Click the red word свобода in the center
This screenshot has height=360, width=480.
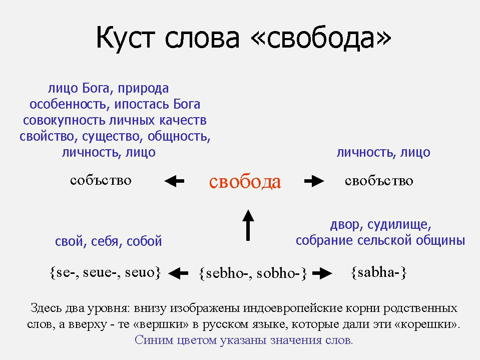pyautogui.click(x=245, y=182)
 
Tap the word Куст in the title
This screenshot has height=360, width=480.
pyautogui.click(x=125, y=38)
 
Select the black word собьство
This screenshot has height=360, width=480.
pyautogui.click(x=101, y=180)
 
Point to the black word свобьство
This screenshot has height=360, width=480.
pyautogui.click(x=379, y=181)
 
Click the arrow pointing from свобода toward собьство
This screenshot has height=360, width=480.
pyautogui.click(x=174, y=181)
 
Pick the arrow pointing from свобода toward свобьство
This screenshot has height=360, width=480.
pyautogui.click(x=314, y=181)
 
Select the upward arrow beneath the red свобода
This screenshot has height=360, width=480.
pyautogui.click(x=248, y=225)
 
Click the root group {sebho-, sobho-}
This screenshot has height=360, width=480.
pyautogui.click(x=253, y=273)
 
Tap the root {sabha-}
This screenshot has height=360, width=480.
pyautogui.click(x=379, y=272)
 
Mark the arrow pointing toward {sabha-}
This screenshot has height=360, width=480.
pyautogui.click(x=322, y=273)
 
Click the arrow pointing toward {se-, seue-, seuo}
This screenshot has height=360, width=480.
pyautogui.click(x=178, y=273)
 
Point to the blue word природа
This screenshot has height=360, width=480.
pyautogui.click(x=143, y=89)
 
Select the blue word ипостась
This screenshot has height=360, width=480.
pyautogui.click(x=141, y=104)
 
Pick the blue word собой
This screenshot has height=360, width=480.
pyautogui.click(x=144, y=241)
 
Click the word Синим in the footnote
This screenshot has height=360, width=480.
pyautogui.click(x=154, y=340)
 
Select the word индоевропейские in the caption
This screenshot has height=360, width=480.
pyautogui.click(x=293, y=308)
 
